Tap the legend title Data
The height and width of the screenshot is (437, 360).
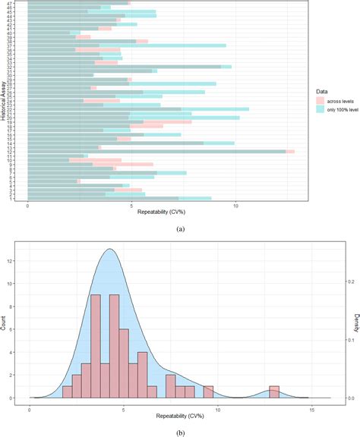click(323, 90)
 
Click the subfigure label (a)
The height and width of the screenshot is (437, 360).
click(180, 227)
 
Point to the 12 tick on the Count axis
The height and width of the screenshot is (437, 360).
click(10, 260)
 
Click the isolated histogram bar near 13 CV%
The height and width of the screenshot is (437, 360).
click(274, 392)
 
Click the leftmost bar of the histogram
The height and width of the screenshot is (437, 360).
click(68, 392)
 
